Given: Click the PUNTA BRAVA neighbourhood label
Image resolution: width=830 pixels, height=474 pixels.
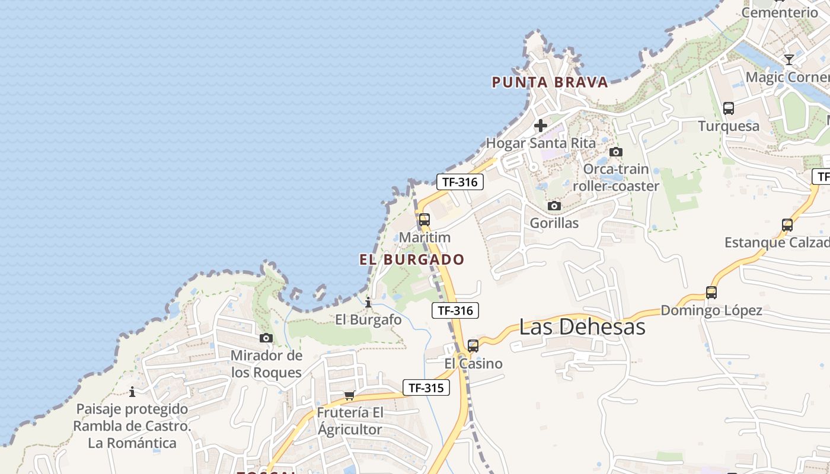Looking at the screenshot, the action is (x=550, y=82).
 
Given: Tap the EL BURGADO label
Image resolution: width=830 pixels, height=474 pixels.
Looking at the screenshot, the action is (x=412, y=260).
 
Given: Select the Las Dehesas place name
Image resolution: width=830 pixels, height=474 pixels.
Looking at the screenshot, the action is (x=582, y=326).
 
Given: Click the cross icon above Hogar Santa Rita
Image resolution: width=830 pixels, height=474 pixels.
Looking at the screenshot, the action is (x=540, y=126).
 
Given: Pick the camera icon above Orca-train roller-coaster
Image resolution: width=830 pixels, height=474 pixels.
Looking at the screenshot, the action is (x=616, y=152).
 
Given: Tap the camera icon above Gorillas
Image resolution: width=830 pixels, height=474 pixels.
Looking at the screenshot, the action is (x=554, y=206).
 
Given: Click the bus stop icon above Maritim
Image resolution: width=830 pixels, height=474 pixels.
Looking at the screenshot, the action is (x=424, y=219).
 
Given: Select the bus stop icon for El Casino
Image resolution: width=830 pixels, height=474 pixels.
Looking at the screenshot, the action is (x=473, y=345).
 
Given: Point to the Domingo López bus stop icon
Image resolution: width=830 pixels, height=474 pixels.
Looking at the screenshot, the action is (x=711, y=292).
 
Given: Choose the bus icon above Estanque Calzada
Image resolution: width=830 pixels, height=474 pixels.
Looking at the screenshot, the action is (x=787, y=225).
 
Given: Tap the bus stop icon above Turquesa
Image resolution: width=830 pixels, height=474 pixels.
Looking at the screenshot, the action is (x=729, y=108).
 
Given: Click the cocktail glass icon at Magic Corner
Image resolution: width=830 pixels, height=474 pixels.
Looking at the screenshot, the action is (x=788, y=59).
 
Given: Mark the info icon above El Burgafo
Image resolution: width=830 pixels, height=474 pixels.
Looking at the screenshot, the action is (x=368, y=302).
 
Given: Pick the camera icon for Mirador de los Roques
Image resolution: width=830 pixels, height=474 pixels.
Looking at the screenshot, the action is (x=266, y=338).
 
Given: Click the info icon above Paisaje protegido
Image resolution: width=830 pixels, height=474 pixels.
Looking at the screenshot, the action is (x=132, y=391).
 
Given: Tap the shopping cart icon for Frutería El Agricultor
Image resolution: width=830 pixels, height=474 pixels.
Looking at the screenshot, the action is (x=350, y=395).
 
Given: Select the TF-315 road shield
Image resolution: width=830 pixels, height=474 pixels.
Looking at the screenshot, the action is (x=426, y=388).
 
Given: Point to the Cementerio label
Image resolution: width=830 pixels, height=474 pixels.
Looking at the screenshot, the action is (x=780, y=12).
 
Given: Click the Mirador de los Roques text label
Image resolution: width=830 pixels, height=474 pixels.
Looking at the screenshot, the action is (x=266, y=364).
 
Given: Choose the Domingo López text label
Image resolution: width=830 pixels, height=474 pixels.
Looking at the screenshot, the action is (x=711, y=310).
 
